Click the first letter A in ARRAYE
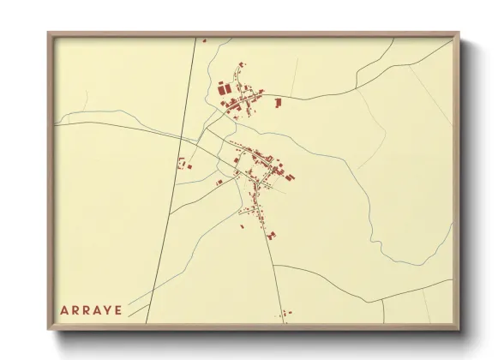(64, 309)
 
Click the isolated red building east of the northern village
(278, 103)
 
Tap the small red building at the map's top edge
(204, 39)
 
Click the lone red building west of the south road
(243, 226)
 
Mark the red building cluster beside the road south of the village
(272, 233)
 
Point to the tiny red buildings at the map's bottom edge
(283, 316)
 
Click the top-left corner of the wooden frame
(48, 33)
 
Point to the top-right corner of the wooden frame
(459, 33)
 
